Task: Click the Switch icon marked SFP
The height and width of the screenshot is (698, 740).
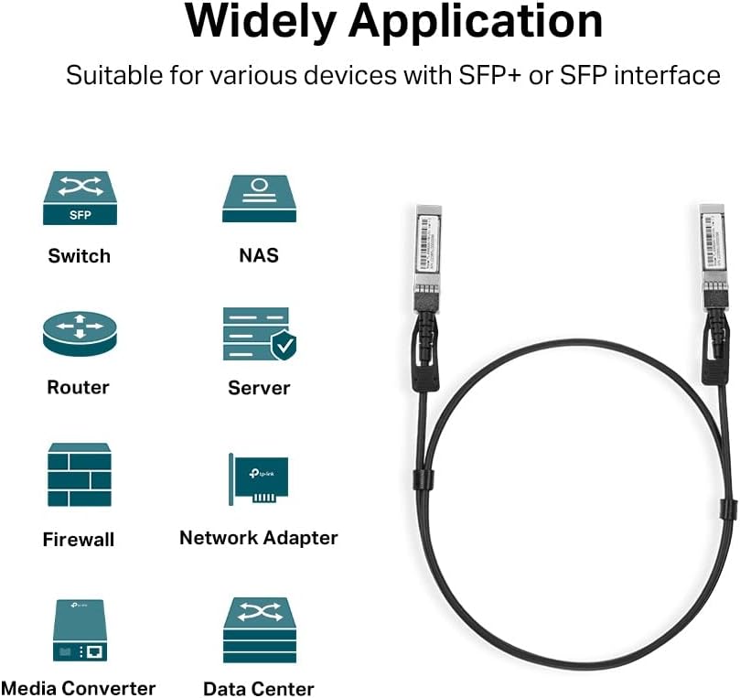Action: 80,199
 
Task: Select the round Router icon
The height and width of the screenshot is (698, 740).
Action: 80,332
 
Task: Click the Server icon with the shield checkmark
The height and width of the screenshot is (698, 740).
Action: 259,333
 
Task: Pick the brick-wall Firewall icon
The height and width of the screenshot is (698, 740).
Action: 80,475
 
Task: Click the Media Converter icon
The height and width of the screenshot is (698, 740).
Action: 80,631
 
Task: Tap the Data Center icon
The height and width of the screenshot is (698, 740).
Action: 259,630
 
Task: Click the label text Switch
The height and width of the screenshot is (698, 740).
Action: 80,256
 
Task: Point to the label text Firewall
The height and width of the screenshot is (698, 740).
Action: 79,540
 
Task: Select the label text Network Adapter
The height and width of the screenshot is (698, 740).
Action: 259,538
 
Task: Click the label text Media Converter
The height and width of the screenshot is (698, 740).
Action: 79,688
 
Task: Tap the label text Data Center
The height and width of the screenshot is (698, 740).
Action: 259,689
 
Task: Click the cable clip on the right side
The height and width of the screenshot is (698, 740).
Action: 727,510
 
